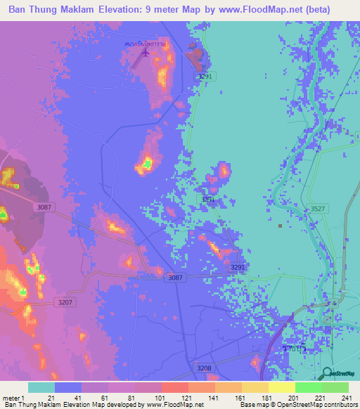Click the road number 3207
(64, 301)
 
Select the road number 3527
(318, 209)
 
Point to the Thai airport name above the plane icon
(146, 44)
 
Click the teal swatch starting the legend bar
(41, 387)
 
